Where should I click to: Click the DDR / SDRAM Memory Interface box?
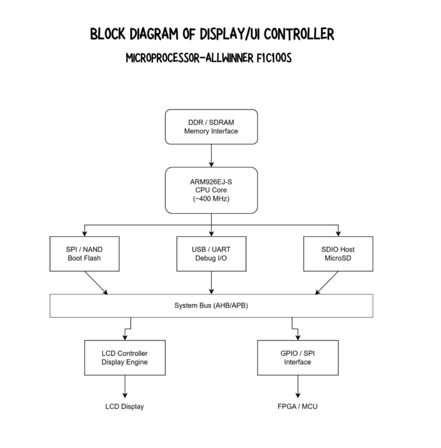pyautogui.click(x=211, y=127)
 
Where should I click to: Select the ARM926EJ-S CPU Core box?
pyautogui.click(x=211, y=190)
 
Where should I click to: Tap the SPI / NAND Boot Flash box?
pyautogui.click(x=85, y=254)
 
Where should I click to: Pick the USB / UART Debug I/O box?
pyautogui.click(x=211, y=254)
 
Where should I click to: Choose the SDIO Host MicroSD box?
pyautogui.click(x=338, y=254)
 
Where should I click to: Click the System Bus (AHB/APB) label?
pyautogui.click(x=211, y=306)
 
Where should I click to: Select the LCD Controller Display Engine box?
pyautogui.click(x=125, y=357)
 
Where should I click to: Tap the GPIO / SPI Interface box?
pyautogui.click(x=298, y=357)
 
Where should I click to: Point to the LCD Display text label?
pyautogui.click(x=125, y=406)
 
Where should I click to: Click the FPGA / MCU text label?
pyautogui.click(x=298, y=406)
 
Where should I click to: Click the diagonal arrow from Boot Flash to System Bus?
pyautogui.click(x=96, y=283)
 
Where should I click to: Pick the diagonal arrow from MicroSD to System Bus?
pyautogui.click(x=327, y=283)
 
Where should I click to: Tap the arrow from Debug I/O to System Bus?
pyautogui.click(x=211, y=283)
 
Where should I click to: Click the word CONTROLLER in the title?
pyautogui.click(x=299, y=34)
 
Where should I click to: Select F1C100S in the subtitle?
pyautogui.click(x=272, y=59)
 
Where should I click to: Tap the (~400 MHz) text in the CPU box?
pyautogui.click(x=211, y=199)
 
